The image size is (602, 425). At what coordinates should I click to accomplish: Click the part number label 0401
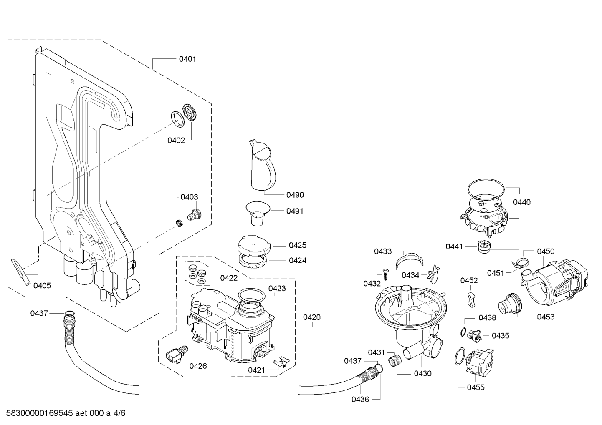click(187, 59)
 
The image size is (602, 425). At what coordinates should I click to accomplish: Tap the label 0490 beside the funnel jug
click(295, 195)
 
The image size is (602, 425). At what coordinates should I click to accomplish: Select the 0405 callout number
click(42, 286)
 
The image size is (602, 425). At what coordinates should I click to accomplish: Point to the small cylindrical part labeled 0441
click(484, 247)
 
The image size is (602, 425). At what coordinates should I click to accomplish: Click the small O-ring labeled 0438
click(463, 332)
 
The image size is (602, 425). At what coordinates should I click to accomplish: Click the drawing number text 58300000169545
click(40, 413)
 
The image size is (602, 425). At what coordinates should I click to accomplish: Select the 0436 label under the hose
click(360, 400)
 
